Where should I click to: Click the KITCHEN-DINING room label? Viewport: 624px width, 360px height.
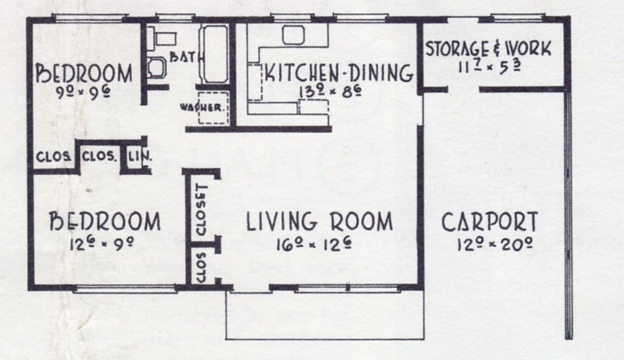coord(339,72)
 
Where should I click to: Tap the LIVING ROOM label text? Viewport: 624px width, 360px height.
coord(320,221)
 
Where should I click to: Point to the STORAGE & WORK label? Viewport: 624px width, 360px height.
coord(488,49)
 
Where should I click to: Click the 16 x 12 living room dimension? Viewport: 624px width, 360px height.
coord(314,244)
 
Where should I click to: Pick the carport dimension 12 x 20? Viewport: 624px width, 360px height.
coord(495,244)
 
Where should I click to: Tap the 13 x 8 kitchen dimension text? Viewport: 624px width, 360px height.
coord(330,92)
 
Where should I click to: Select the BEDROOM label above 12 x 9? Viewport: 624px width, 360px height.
coord(105,221)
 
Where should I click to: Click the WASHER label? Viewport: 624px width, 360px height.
coord(203,107)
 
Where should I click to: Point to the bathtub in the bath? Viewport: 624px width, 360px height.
coord(214,54)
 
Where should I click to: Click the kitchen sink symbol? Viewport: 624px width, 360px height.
coord(293,34)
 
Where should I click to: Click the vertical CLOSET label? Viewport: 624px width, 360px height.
coord(202,209)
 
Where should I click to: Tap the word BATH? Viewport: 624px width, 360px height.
coord(184,57)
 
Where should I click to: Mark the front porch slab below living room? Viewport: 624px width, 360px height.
coord(325,315)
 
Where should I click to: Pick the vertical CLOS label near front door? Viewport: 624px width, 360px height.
coord(202,266)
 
